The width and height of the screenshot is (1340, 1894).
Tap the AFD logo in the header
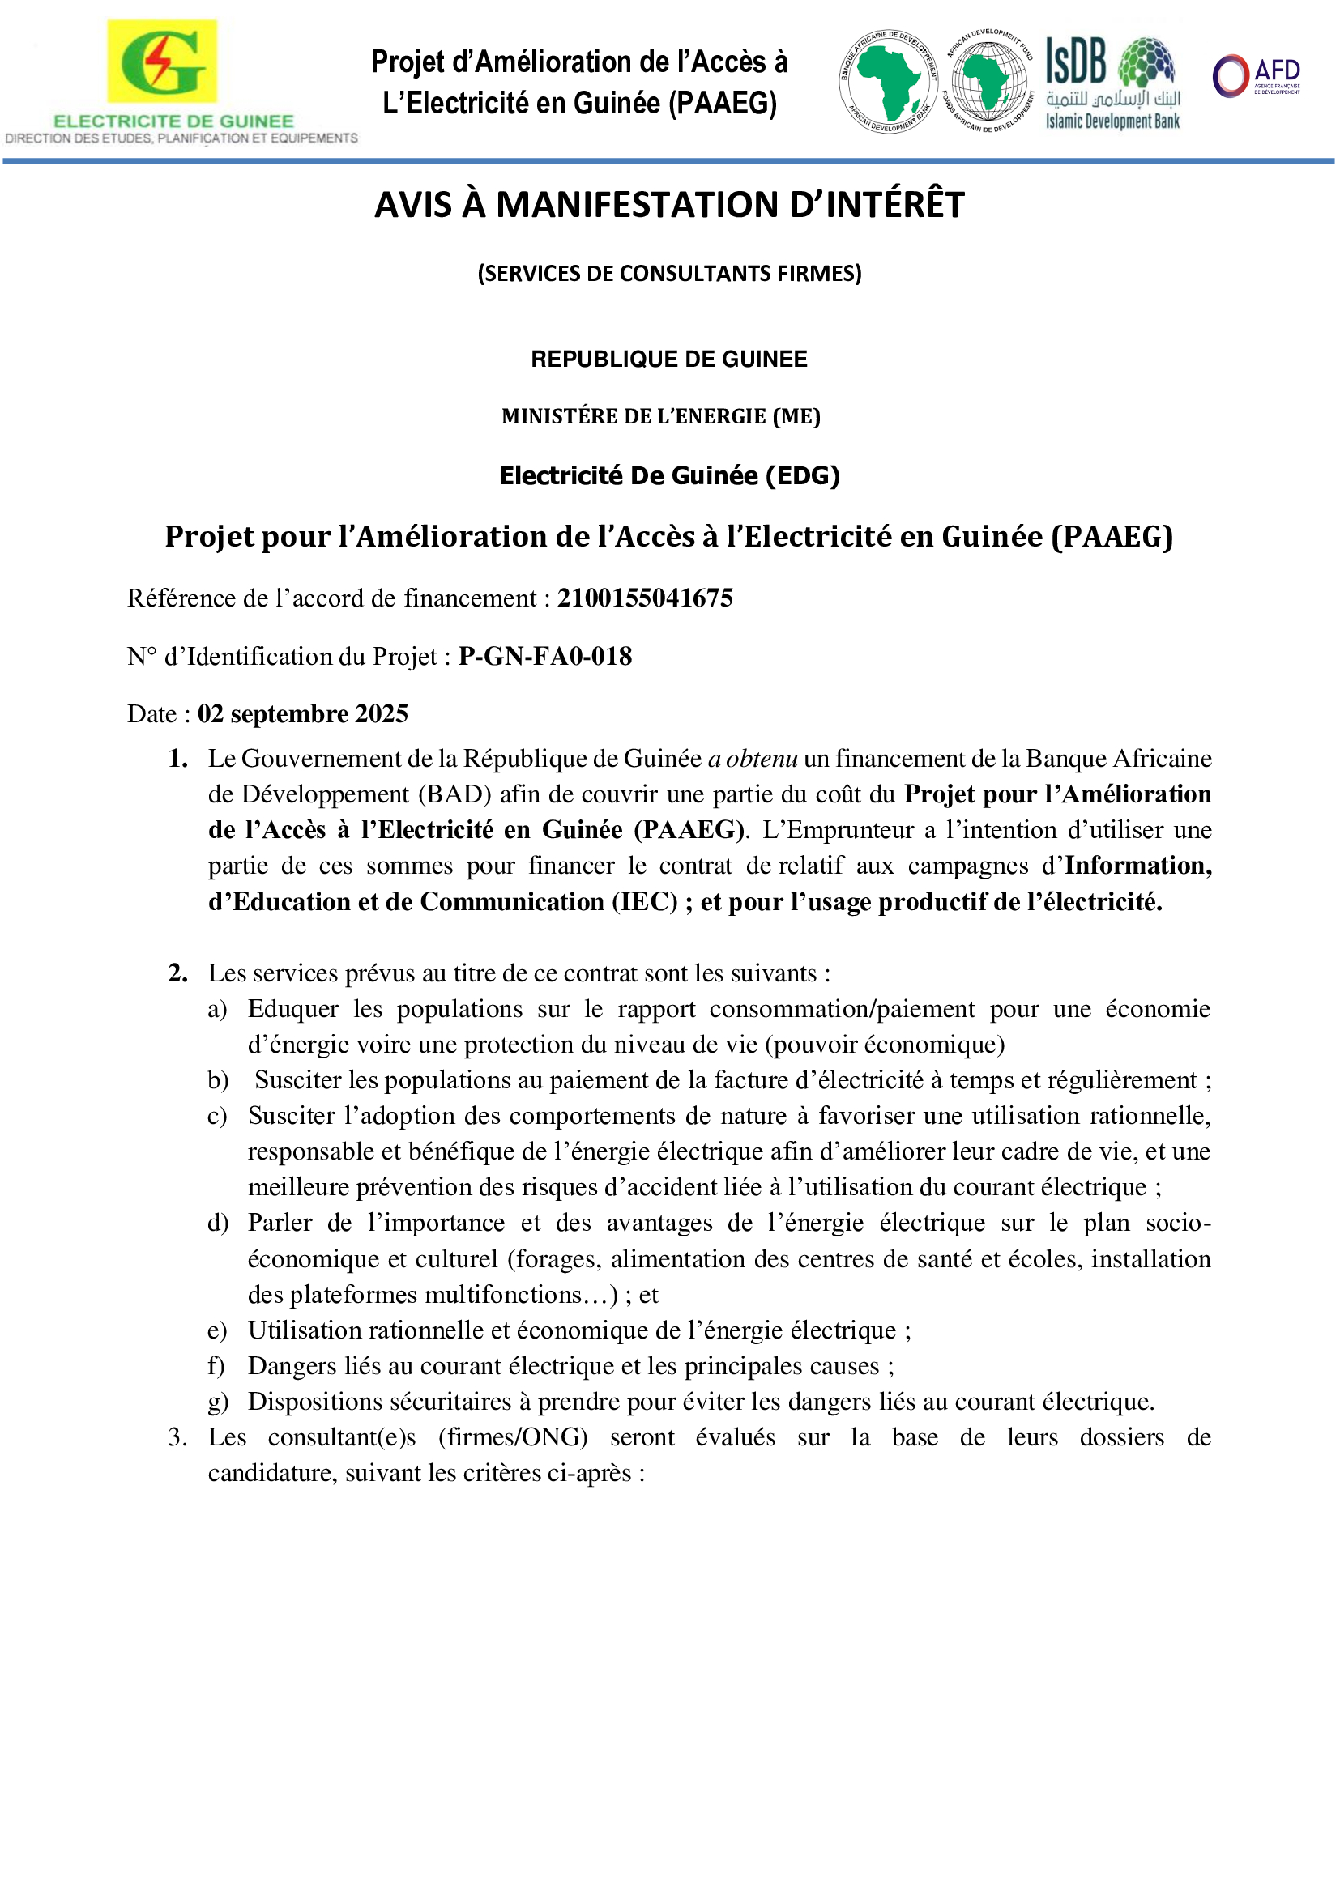tap(1255, 76)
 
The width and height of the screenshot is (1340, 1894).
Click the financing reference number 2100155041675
tap(644, 598)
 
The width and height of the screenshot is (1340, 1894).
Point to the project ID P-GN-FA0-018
tap(545, 656)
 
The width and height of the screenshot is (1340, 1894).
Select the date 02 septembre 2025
tap(302, 713)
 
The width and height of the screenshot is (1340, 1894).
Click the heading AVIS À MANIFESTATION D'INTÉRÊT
tap(669, 205)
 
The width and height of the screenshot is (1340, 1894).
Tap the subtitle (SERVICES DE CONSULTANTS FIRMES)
tap(669, 273)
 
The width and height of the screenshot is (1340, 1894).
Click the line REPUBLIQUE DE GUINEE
tap(669, 359)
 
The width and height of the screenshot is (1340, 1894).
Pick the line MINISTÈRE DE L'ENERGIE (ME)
tap(661, 416)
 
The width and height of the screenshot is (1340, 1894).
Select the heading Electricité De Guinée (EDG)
tap(669, 476)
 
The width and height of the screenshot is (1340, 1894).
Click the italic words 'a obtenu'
tap(753, 759)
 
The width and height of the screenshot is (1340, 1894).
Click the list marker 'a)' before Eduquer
tap(217, 1009)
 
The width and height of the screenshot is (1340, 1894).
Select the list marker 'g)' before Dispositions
tap(217, 1402)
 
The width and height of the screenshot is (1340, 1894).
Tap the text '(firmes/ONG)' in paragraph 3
tap(512, 1437)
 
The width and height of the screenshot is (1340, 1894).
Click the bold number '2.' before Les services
tap(178, 973)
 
